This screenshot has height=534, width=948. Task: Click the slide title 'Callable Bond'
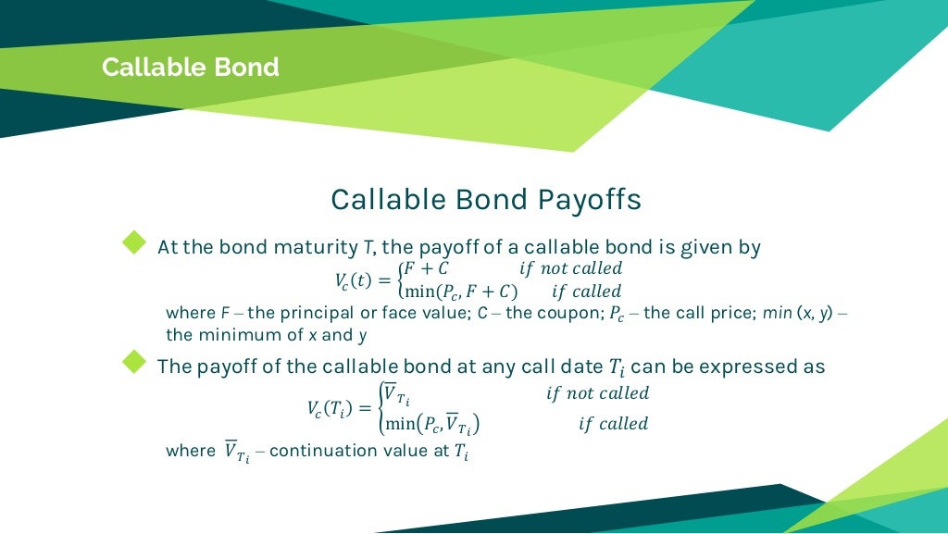[190, 68]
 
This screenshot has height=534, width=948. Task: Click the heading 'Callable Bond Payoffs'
[485, 200]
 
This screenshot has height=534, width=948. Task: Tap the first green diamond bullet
[135, 242]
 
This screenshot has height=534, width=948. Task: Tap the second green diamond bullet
[135, 361]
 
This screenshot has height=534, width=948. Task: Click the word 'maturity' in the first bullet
[313, 247]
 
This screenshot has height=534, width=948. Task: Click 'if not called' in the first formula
[570, 268]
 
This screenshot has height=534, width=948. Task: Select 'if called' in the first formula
[586, 292]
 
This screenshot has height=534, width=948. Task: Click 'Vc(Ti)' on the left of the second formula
[338, 409]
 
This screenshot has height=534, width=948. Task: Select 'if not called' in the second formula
[597, 393]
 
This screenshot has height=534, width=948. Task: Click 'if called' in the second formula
[613, 424]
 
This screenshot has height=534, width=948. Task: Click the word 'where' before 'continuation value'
[190, 452]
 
